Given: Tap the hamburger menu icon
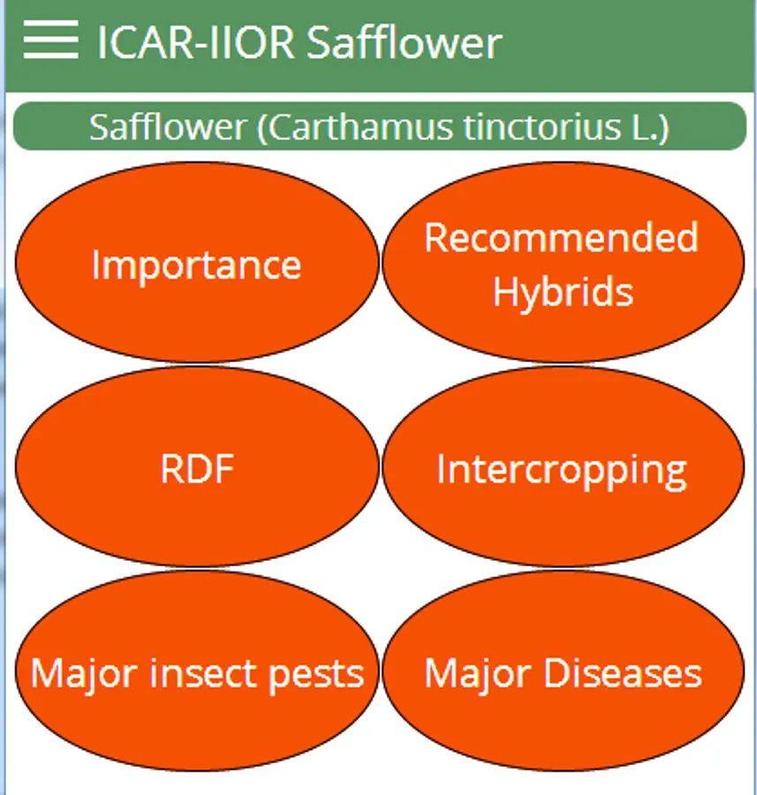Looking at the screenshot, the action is [x=50, y=40].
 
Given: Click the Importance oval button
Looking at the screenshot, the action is [x=197, y=262].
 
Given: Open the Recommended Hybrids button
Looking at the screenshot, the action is [x=564, y=262].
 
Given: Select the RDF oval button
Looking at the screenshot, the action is [x=197, y=466].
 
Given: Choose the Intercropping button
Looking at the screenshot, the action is [x=564, y=466].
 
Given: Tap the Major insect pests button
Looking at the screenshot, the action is [x=197, y=671].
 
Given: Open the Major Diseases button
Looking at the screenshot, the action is [x=564, y=671].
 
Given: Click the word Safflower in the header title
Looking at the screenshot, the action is [x=404, y=42].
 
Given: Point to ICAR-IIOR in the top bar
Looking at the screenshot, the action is [x=196, y=42].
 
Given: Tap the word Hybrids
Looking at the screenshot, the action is [x=564, y=292].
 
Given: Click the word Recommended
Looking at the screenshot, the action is [x=562, y=237].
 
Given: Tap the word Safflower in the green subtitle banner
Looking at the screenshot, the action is [x=168, y=126].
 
